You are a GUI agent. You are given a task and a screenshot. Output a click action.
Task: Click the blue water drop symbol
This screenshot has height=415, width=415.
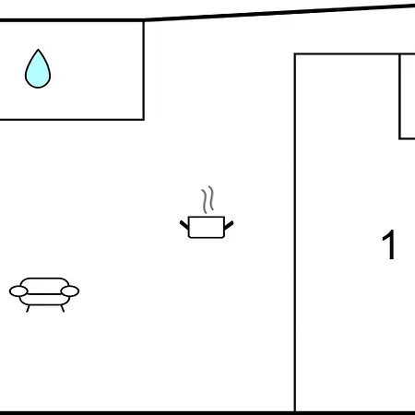coord(38,69)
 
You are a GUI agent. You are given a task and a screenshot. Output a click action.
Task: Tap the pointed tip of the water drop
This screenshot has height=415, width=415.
coord(38,49)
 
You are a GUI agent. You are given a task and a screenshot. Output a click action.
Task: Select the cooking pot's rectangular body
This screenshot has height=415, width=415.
coord(207,227)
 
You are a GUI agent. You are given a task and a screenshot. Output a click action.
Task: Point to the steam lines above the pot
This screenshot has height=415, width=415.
coord(207,200)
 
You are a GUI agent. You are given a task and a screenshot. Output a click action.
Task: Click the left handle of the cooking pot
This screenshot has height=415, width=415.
coord(184,225)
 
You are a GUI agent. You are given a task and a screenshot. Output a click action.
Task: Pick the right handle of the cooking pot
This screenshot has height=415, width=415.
coord(229,225)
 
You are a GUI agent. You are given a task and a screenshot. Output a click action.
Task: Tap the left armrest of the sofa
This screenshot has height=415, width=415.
coord(18,291)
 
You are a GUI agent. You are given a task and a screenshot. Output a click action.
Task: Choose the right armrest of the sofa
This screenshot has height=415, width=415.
coord(70,291)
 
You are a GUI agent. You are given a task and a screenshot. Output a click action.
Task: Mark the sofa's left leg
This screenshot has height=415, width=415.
coord(28,309)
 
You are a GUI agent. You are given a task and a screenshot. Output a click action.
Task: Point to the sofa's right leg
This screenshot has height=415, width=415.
coord(63,309)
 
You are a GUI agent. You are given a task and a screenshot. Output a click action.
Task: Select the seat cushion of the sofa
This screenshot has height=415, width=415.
coord(44,300)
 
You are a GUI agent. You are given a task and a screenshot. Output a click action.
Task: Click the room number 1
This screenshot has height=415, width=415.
coord(388,245)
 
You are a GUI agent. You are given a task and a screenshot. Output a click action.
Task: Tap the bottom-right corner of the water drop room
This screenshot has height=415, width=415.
coord(144,119)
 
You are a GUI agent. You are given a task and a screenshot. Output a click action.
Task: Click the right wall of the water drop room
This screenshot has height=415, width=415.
coord(144,70)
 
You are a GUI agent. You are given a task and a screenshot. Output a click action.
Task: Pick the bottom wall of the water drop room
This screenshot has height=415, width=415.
coord(72,119)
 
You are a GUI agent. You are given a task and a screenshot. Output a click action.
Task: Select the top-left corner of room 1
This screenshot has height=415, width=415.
coord(295,54)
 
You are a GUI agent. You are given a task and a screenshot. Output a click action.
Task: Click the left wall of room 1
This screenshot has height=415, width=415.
coord(295,232)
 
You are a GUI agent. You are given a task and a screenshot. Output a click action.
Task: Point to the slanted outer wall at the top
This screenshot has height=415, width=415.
coord(279,12)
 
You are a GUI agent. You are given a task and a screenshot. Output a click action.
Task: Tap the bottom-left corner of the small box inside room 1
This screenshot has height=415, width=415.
coord(399,138)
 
